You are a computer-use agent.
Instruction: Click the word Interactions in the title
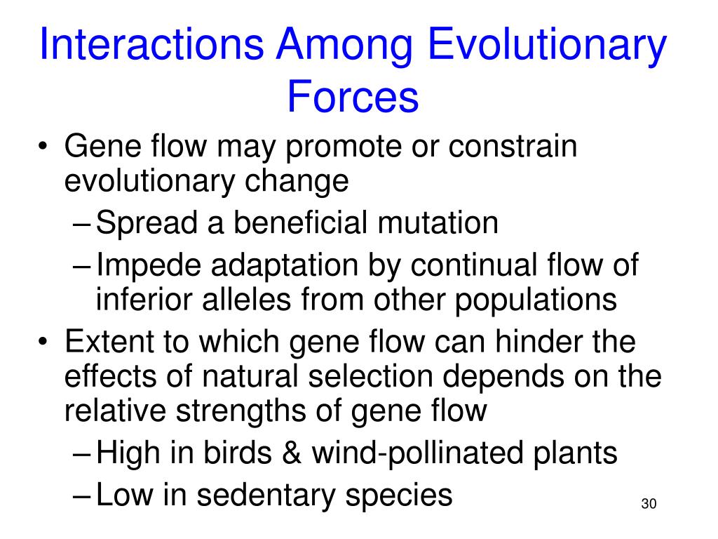(151, 46)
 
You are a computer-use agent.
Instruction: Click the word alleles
(259, 300)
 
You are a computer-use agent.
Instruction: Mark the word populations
(536, 300)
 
